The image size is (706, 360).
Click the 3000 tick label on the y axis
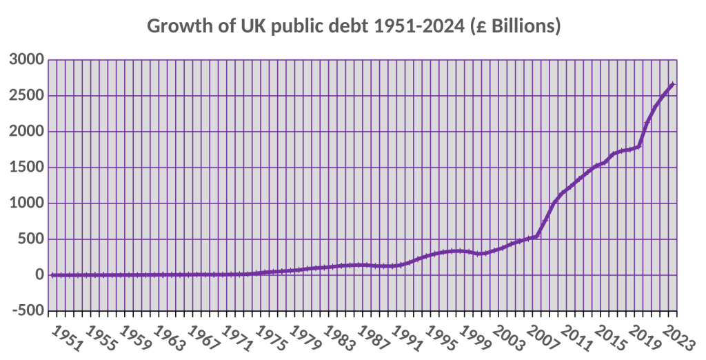click(27, 60)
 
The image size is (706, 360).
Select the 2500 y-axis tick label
click(27, 96)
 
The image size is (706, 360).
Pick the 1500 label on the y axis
click(27, 168)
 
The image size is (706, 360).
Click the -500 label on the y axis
click(28, 311)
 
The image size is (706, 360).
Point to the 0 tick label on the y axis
click(39, 275)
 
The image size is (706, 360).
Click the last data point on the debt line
click(672, 84)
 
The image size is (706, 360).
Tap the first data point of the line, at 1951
click(52, 275)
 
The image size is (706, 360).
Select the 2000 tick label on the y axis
click(27, 132)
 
